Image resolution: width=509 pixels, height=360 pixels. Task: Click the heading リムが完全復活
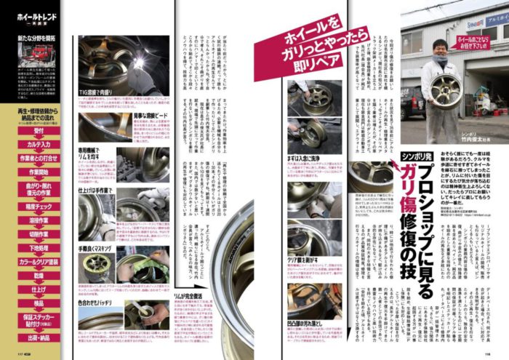188,296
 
